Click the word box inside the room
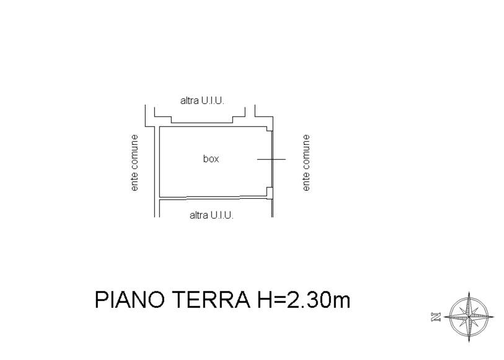click(211, 159)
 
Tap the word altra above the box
click(189, 101)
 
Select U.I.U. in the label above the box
click(213, 101)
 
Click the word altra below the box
click(198, 215)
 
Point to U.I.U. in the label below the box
click(222, 215)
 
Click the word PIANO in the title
click(130, 300)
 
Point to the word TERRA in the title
click(211, 300)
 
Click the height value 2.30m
click(318, 300)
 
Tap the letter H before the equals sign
click(264, 300)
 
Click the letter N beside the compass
click(436, 317)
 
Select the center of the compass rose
click(469, 317)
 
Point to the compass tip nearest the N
click(444, 317)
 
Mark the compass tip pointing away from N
click(494, 317)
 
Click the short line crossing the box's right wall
click(272, 159)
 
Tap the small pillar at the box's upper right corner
click(269, 128)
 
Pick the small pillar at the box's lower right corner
click(269, 191)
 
